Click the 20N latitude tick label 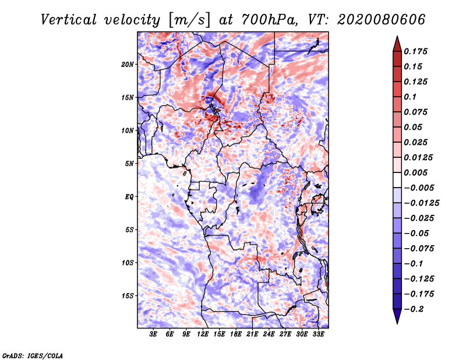128,65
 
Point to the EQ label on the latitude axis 129,197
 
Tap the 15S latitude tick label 128,296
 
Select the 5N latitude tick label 129,164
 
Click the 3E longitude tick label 153,334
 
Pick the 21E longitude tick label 252,334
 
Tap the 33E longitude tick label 318,334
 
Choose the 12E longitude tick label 203,334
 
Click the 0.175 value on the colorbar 415,51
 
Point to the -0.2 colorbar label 414,309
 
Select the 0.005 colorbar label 415,172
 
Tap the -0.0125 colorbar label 421,203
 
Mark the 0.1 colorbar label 410,97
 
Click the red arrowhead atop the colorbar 397,44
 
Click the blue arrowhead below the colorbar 397,316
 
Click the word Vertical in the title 68,20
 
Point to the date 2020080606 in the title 382,20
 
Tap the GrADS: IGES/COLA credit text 33,355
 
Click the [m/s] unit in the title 189,20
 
